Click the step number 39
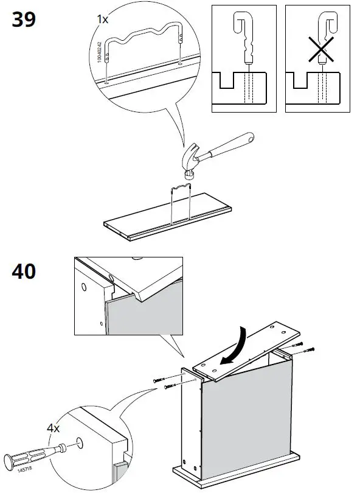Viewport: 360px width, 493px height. pos(24,19)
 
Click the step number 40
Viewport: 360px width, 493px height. pos(24,271)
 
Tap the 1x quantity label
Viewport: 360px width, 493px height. pos(103,19)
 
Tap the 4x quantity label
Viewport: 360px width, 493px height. pos(54,428)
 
